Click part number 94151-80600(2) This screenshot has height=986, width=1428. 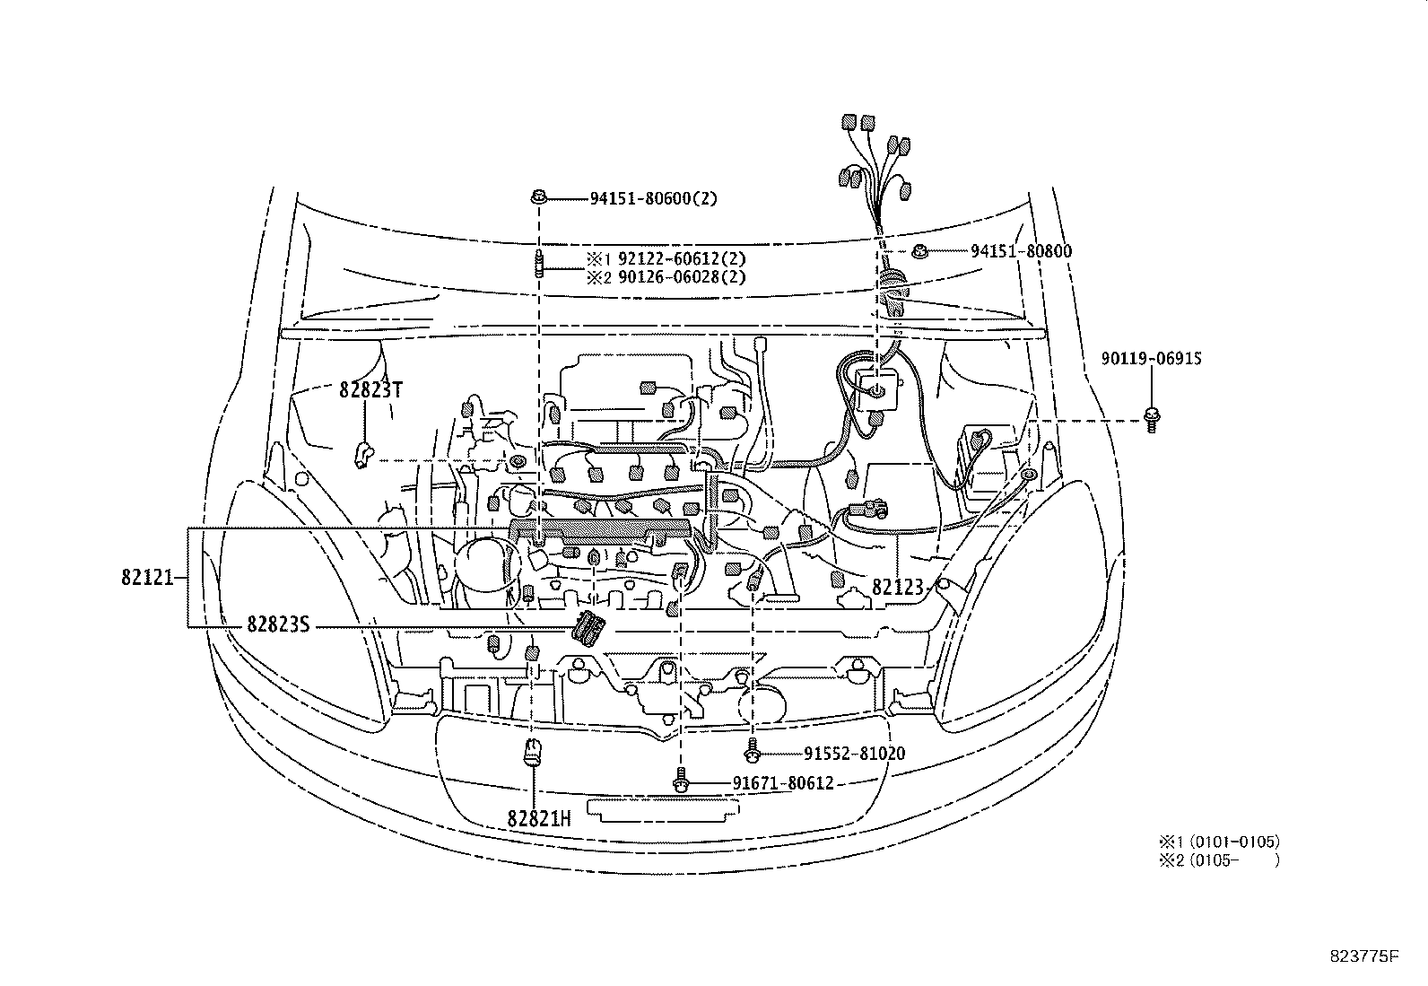click(653, 198)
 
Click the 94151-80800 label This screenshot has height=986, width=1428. click(1021, 252)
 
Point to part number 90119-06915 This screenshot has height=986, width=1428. click(1151, 359)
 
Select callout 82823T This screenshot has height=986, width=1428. click(370, 390)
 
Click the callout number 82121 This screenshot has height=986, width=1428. click(146, 578)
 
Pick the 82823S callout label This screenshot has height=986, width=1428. click(277, 625)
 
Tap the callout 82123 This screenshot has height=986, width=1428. click(897, 588)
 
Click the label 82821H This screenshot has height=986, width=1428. click(538, 818)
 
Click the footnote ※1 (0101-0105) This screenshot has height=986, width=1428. click(1218, 842)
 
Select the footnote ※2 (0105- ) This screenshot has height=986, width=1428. click(1218, 860)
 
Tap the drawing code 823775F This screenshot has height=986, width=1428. click(1363, 956)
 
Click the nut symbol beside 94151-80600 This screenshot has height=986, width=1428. click(538, 197)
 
